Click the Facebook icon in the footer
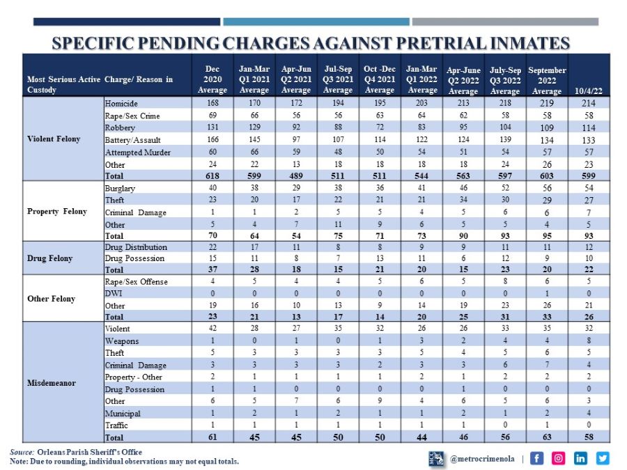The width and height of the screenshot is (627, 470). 536,457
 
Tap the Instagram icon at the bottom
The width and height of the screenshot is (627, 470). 559,457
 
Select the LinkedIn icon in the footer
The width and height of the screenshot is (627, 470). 580,457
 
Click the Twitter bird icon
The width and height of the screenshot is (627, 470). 602,457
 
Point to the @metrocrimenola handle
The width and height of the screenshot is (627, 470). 482,458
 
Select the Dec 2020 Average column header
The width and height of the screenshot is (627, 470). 212,79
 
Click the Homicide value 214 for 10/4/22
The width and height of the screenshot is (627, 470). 589,102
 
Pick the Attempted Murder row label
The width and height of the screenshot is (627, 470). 137,152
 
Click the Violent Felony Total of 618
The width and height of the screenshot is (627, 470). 212,176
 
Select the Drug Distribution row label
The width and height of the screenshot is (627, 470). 136,246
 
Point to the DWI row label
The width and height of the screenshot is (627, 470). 114,293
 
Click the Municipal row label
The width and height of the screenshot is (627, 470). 123,413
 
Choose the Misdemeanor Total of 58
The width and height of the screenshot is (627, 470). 589,437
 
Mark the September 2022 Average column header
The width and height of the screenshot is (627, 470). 547,80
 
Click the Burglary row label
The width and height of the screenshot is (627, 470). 120,188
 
